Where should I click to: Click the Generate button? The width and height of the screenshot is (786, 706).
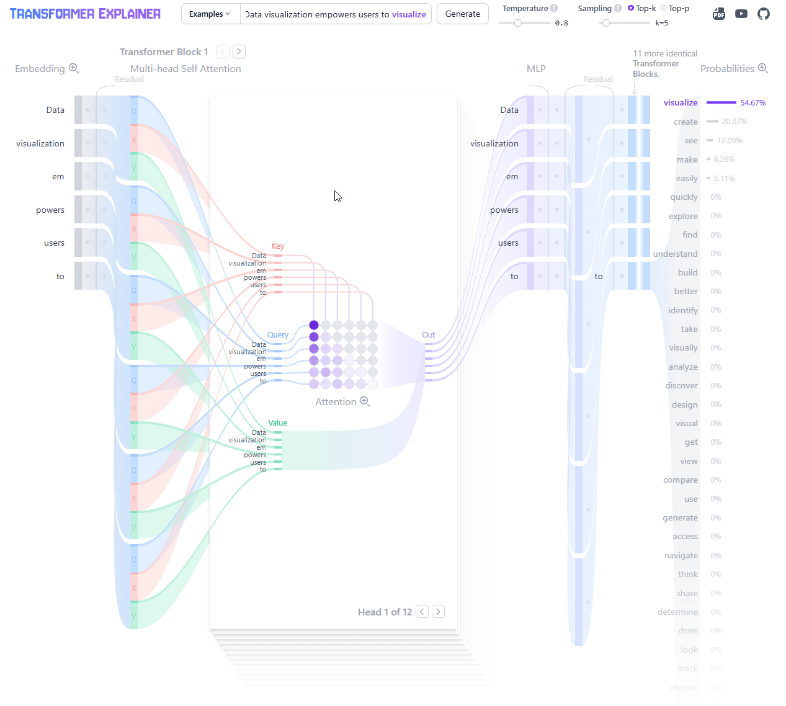coord(462,14)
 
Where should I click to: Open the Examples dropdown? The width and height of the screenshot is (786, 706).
coord(210,14)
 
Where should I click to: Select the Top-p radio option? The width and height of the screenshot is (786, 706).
coord(664,8)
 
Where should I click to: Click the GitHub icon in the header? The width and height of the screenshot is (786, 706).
coord(764,14)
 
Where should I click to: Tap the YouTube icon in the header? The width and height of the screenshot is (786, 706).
coord(741,14)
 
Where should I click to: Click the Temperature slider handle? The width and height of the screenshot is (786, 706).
coord(518,23)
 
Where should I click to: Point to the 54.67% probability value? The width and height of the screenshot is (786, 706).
coord(753,103)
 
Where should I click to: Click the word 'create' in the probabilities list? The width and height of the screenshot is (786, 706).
coord(686,122)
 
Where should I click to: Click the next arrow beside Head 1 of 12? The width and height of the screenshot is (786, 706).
coord(438,612)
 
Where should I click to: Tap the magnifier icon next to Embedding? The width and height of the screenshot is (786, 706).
coord(74,68)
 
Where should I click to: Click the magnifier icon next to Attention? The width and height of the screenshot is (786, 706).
coord(365,401)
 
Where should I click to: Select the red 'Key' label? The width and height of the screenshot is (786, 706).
coord(277,246)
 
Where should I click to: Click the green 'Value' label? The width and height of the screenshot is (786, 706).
coord(277,423)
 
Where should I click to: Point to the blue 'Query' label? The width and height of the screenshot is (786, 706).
coord(277,335)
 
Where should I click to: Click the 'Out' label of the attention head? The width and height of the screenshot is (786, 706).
coord(428,335)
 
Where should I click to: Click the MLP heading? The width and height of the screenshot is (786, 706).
coord(536,69)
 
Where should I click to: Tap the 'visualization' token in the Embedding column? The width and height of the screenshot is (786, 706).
coord(40,143)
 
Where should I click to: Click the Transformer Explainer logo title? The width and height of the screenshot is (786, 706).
coord(85,14)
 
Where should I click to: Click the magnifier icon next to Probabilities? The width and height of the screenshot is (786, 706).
coord(763,68)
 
